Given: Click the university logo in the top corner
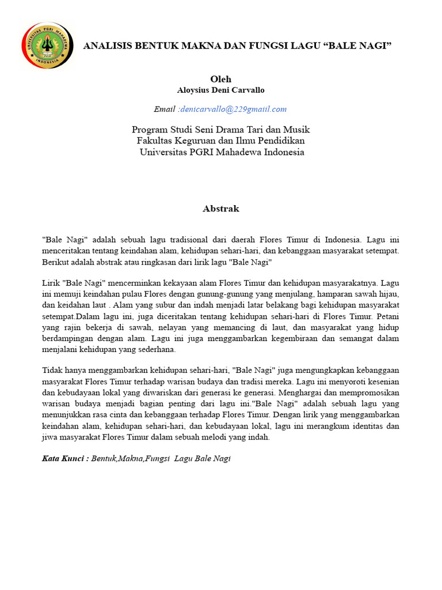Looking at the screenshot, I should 48,46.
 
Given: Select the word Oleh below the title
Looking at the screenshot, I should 220,79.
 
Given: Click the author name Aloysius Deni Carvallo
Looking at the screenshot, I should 220,90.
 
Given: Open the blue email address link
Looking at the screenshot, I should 233,109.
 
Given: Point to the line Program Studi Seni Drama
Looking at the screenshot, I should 220,130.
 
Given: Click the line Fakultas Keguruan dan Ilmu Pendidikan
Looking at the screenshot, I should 220,141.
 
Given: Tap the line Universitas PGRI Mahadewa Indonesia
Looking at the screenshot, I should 222,152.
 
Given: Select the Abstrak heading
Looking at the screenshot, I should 220,209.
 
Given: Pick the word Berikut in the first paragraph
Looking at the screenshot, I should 56,262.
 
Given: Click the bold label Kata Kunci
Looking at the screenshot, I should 65,459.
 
